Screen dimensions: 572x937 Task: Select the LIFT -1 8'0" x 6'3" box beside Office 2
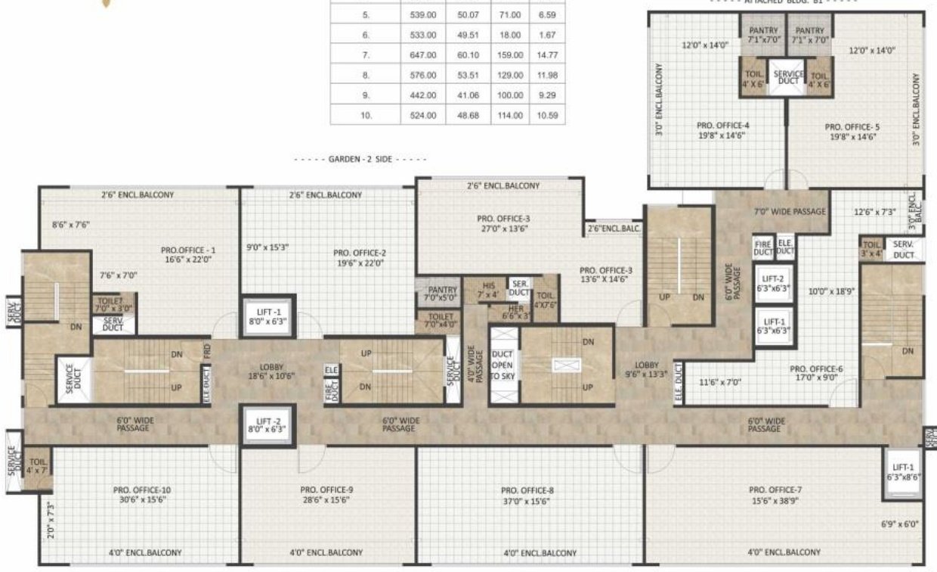268,316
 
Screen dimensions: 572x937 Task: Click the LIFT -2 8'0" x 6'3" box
268,425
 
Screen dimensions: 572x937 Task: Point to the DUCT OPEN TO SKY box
503,365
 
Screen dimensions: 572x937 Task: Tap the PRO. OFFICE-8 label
526,495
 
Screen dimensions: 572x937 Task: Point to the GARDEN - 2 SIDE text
360,160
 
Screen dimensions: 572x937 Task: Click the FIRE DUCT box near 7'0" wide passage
762,247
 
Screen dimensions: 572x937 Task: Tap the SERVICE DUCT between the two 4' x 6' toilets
786,77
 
